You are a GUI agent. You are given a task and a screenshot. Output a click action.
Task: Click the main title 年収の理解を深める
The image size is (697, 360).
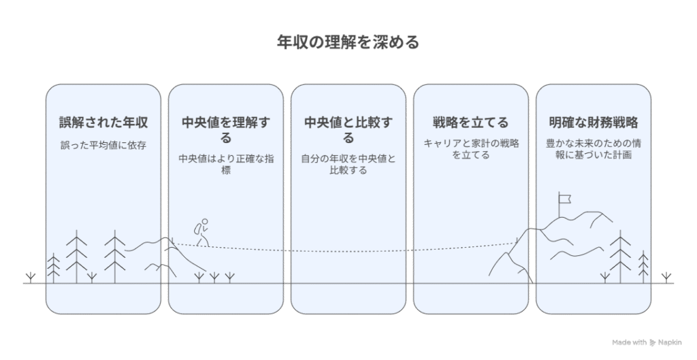tap(348, 42)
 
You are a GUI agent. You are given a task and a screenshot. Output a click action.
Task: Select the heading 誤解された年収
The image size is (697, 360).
tap(103, 122)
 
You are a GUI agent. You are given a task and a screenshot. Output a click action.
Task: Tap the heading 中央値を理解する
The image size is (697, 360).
tap(226, 130)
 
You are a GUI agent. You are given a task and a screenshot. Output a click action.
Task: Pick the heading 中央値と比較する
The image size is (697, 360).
tap(348, 130)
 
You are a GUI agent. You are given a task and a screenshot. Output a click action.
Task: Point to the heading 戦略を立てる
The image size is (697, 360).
tap(471, 122)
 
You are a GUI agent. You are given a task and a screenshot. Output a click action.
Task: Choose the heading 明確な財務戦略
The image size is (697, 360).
tap(594, 122)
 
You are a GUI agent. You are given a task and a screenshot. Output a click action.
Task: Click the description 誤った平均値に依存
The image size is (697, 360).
tap(103, 146)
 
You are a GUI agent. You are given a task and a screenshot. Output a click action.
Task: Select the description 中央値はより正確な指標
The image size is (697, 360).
tap(226, 164)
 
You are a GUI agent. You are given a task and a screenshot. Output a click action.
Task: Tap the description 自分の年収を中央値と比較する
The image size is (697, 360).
tap(348, 164)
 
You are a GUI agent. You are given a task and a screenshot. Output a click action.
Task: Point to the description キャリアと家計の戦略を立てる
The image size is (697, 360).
tap(471, 149)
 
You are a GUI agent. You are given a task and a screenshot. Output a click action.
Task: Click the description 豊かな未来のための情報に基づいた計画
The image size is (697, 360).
tap(594, 149)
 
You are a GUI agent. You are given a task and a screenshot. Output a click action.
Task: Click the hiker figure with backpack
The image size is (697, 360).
tap(201, 232)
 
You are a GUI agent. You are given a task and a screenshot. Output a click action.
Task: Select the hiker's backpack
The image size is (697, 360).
tap(197, 229)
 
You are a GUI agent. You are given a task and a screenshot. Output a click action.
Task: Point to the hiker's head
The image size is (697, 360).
tap(204, 221)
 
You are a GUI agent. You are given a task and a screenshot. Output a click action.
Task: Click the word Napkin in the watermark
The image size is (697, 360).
tap(670, 342)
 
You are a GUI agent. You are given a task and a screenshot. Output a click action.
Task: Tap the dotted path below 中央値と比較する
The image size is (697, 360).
tap(348, 252)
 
